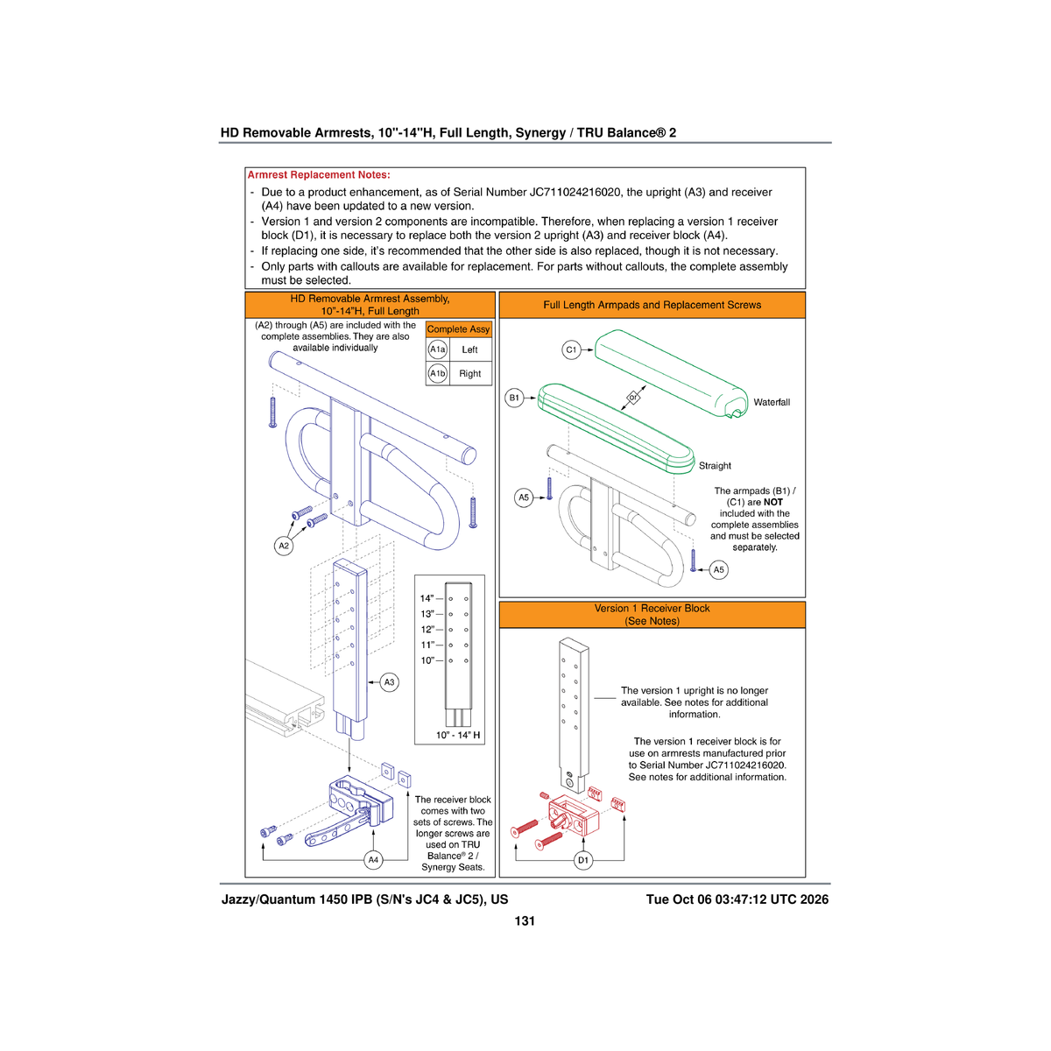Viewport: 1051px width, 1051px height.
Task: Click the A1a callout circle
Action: tap(437, 349)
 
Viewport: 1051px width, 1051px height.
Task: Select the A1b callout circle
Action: tap(437, 374)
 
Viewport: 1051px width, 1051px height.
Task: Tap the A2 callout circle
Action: tap(284, 546)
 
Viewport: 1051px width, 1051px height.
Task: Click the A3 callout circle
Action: tap(389, 681)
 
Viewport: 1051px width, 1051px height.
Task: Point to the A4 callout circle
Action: tap(373, 859)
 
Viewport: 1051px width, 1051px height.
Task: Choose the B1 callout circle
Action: tap(514, 398)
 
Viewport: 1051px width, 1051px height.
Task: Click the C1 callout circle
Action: tap(571, 349)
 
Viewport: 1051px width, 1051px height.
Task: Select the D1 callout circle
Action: tap(583, 859)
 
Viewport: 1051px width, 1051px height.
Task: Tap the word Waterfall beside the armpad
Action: tap(772, 402)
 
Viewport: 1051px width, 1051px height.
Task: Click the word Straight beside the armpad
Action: tap(715, 466)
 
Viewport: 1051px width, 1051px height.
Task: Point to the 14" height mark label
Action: tap(427, 598)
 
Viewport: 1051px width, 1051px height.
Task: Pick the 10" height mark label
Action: tap(427, 660)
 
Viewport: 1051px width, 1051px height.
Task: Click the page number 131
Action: tap(525, 921)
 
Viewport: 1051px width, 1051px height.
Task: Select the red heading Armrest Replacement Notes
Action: tap(319, 174)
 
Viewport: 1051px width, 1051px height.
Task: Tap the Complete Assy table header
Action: tap(458, 329)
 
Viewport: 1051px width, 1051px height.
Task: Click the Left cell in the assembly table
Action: tap(469, 349)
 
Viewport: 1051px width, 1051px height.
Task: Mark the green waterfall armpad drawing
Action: tap(671, 373)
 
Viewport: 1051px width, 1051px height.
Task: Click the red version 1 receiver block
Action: tap(574, 815)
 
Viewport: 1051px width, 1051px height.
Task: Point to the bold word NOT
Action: tap(772, 503)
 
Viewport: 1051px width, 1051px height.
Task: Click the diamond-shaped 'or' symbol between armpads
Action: tap(632, 398)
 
